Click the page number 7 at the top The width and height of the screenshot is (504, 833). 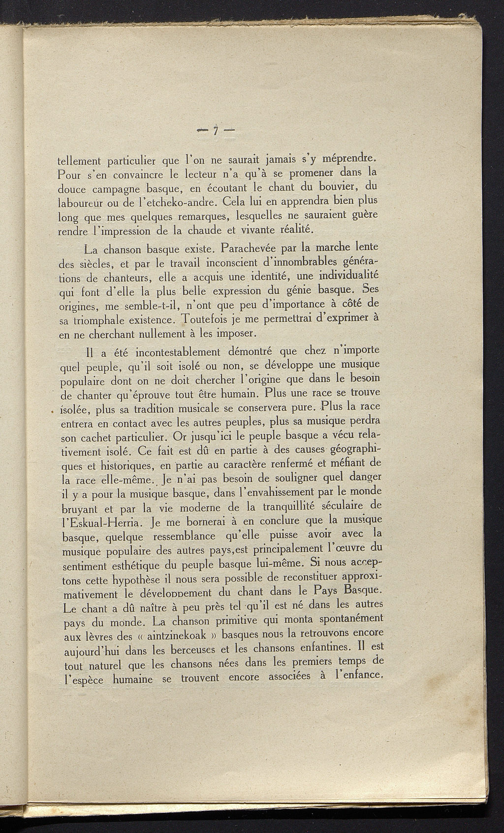(x=215, y=131)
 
